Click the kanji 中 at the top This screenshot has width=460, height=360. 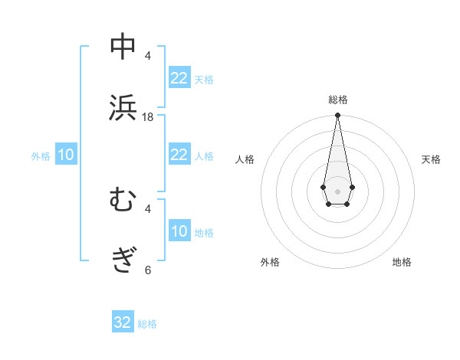123,47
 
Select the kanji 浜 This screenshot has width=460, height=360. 123,107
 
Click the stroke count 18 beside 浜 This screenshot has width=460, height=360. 148,117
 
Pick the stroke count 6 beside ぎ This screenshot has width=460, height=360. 148,270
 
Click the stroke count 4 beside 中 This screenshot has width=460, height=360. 148,56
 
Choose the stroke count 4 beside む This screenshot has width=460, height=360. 148,208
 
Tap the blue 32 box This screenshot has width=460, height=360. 123,322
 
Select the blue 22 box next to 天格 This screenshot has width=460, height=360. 179,78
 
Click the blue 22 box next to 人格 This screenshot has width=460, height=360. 179,155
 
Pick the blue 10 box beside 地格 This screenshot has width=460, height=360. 179,231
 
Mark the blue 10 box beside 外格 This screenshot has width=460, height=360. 66,155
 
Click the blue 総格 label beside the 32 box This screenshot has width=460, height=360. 147,324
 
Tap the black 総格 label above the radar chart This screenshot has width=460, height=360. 337,100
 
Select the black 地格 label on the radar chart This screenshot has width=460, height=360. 402,262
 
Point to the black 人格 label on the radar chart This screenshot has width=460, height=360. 245,159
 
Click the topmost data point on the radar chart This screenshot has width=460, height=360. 337,116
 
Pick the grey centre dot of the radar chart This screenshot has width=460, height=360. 337,190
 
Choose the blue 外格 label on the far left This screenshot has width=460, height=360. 41,156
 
